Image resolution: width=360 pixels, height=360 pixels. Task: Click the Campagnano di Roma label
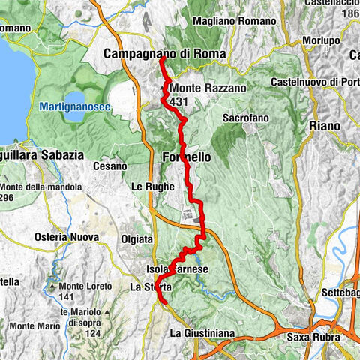click(155, 54)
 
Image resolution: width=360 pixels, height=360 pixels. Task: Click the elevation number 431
click(178, 101)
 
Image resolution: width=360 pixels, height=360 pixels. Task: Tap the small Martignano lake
click(77, 101)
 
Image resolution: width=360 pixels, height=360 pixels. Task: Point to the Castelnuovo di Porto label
click(315, 81)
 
